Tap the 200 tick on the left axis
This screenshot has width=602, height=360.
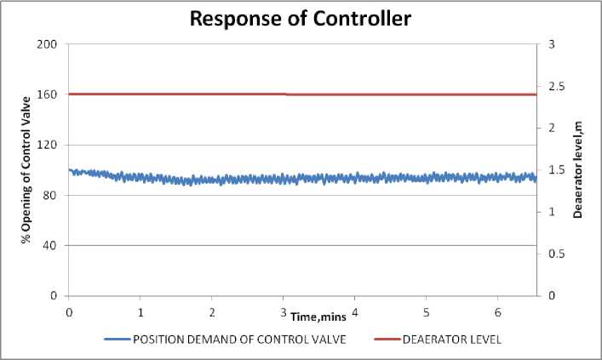(x=49, y=43)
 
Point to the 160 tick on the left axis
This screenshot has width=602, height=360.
(x=49, y=94)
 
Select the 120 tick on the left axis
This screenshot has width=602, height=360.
(x=49, y=145)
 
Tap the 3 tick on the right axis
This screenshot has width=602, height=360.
(x=547, y=43)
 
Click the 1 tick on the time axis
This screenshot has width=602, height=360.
(x=140, y=311)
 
